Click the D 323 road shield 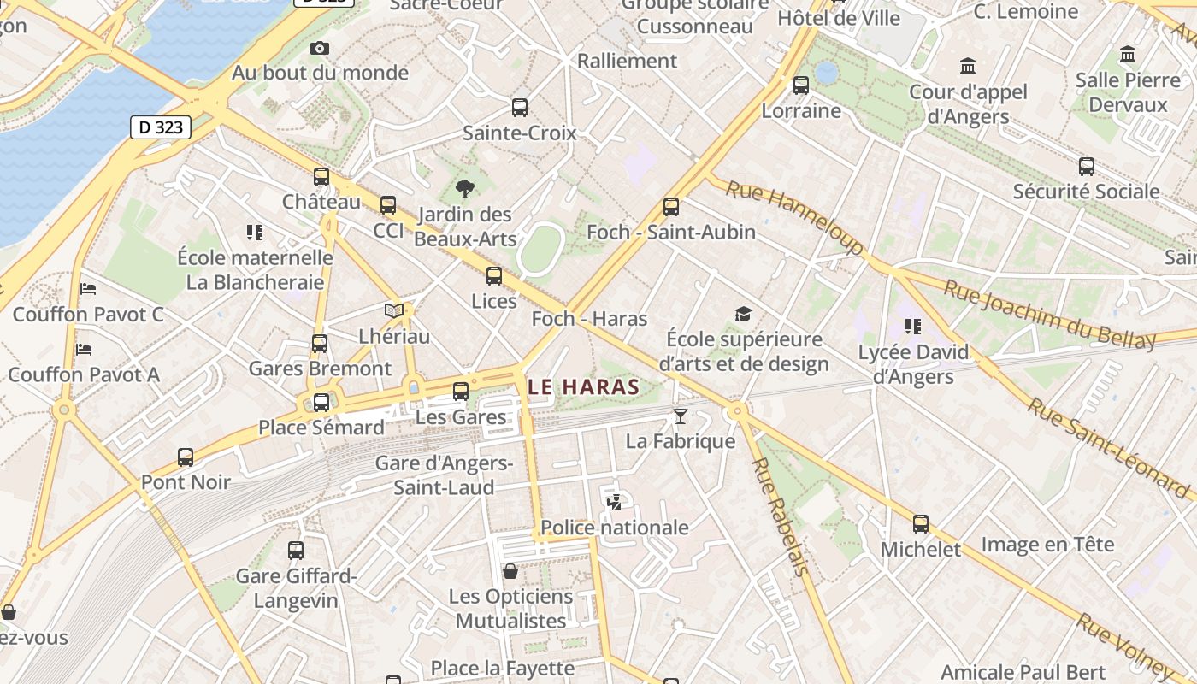tap(160, 127)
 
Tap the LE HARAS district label tap(584, 386)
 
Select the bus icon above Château tap(321, 177)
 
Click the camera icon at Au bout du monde tap(320, 48)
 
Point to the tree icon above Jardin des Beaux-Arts tap(465, 189)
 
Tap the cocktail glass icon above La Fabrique tap(681, 416)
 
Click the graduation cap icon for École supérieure tap(743, 314)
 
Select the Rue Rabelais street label tap(779, 516)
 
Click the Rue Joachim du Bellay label tap(1049, 315)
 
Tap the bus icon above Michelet tap(921, 524)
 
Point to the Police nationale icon tap(614, 502)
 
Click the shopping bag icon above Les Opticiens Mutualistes tap(510, 570)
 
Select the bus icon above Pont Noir tap(186, 457)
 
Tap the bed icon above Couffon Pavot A tap(84, 349)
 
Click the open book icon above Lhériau tap(393, 311)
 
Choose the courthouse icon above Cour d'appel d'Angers tap(968, 66)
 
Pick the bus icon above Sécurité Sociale tap(1086, 166)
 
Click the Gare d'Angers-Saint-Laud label tap(444, 475)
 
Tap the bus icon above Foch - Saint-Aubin tap(671, 206)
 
